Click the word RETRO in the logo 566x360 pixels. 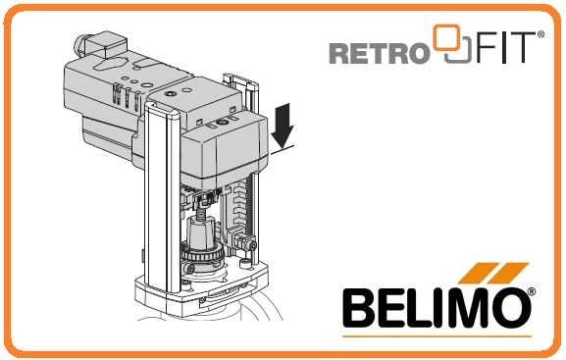click(379, 53)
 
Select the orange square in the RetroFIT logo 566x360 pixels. click(447, 37)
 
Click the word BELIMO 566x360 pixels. click(437, 308)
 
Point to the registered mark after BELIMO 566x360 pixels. click(532, 291)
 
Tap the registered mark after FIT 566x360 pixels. click(540, 34)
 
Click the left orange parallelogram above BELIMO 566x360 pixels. click(477, 273)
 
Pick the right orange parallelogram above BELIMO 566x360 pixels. click(509, 273)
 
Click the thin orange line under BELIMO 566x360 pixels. click(437, 336)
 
